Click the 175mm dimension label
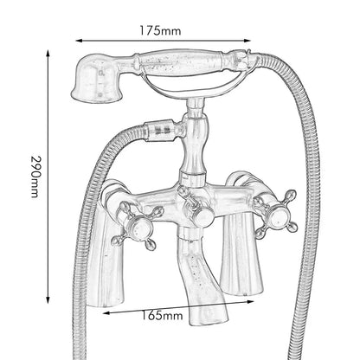pos(160,30)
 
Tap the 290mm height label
pos(35,177)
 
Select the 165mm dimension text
pos(162,315)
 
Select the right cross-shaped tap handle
pos(275,214)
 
